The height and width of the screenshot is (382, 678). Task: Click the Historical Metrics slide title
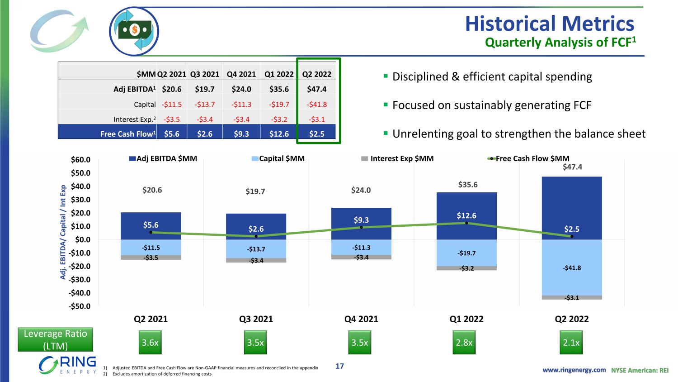(x=550, y=24)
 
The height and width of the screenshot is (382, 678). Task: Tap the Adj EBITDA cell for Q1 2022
(x=279, y=89)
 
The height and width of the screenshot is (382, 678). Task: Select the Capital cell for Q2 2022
(x=317, y=104)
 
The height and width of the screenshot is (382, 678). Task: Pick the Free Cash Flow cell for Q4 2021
(x=241, y=134)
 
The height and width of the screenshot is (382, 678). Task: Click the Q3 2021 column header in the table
(x=205, y=74)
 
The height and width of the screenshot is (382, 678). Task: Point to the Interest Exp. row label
(x=134, y=119)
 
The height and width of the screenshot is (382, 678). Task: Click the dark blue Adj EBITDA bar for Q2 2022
(x=572, y=204)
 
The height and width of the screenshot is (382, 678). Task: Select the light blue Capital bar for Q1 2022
(x=466, y=253)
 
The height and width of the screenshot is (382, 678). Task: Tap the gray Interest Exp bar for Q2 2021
(x=151, y=258)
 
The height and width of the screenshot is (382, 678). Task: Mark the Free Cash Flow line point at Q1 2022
(x=466, y=223)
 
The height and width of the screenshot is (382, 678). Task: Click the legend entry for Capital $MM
(x=278, y=158)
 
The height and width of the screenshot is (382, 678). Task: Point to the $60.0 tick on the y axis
(x=80, y=160)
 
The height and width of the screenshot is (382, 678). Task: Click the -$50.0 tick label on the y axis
(x=80, y=306)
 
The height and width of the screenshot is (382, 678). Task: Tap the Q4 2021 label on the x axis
(x=361, y=319)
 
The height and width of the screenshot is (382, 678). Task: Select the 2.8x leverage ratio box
(x=464, y=343)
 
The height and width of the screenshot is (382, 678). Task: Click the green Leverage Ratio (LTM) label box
(x=55, y=339)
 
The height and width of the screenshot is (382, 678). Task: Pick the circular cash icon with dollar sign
(x=134, y=31)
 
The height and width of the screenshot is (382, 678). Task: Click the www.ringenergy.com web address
(x=574, y=370)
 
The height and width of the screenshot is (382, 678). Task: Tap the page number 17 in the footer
(x=339, y=366)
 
